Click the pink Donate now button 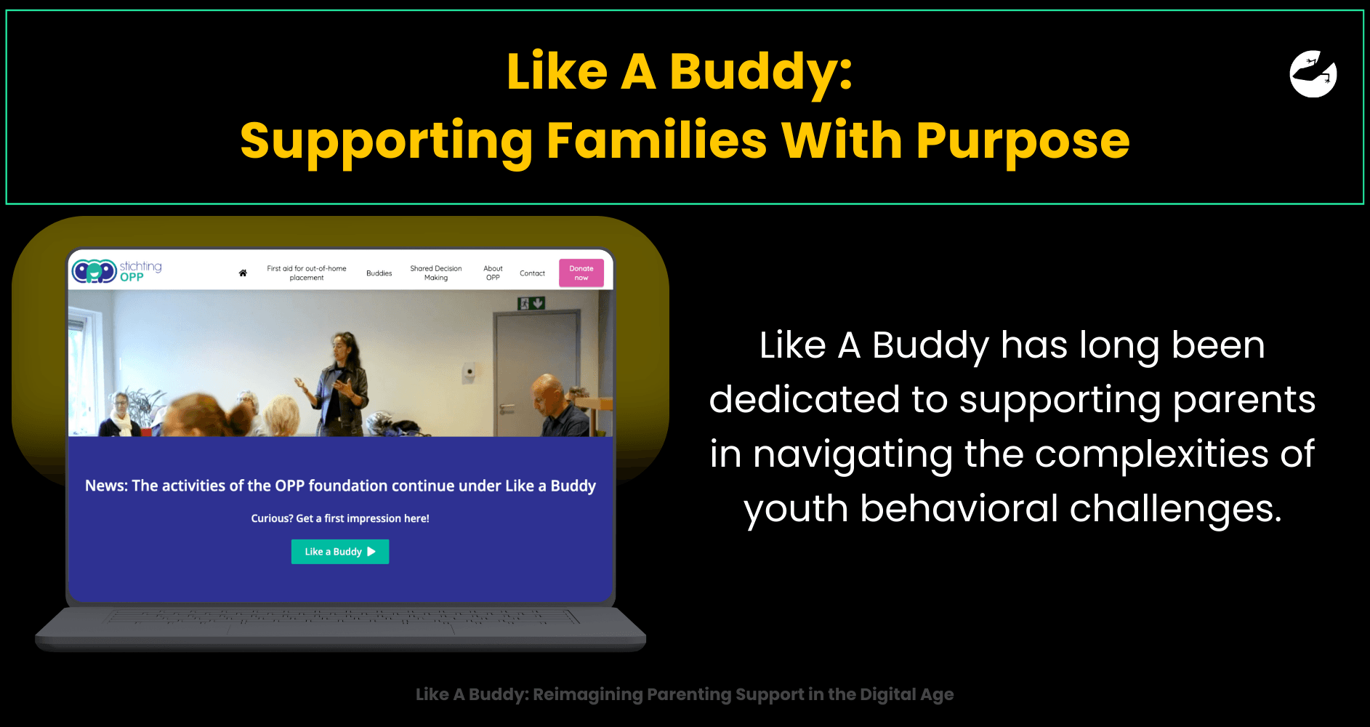pyautogui.click(x=581, y=273)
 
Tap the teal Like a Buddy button pyautogui.click(x=340, y=552)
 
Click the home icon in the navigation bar pyautogui.click(x=243, y=273)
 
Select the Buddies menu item pyautogui.click(x=379, y=273)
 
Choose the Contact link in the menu pyautogui.click(x=532, y=273)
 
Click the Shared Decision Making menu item pyautogui.click(x=436, y=273)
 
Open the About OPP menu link pyautogui.click(x=493, y=273)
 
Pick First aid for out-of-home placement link pyautogui.click(x=307, y=273)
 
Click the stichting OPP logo pyautogui.click(x=117, y=271)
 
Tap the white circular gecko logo pyautogui.click(x=1313, y=73)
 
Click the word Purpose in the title pyautogui.click(x=1023, y=140)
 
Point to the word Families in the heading pyautogui.click(x=656, y=140)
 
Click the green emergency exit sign pyautogui.click(x=531, y=302)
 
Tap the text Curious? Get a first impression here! pyautogui.click(x=340, y=518)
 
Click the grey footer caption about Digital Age pyautogui.click(x=685, y=694)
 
